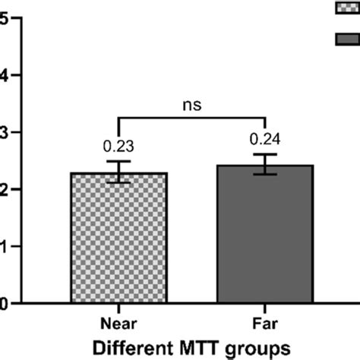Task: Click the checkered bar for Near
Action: [x=119, y=239]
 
